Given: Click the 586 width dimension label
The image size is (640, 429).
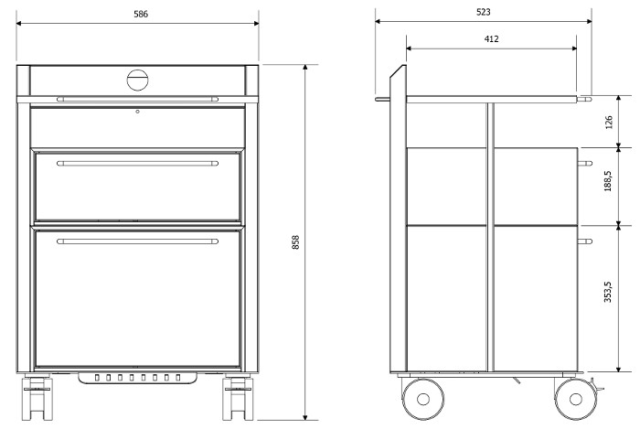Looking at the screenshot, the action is click(x=141, y=14).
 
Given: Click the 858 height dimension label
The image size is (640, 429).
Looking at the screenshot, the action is click(x=296, y=242).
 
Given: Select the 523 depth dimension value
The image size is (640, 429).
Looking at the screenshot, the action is click(x=484, y=12).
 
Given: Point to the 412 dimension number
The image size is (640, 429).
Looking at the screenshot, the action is click(x=492, y=38).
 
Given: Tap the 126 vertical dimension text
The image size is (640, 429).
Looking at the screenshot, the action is click(x=609, y=123).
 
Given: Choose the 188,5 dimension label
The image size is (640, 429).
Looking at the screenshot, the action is click(x=608, y=181).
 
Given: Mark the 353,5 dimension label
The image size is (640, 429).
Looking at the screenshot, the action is click(x=608, y=292).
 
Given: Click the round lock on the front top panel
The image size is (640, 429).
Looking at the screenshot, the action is click(x=137, y=80).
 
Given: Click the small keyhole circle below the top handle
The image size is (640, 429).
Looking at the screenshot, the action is click(x=137, y=112).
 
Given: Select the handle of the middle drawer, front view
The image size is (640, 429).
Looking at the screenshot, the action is click(x=137, y=163).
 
